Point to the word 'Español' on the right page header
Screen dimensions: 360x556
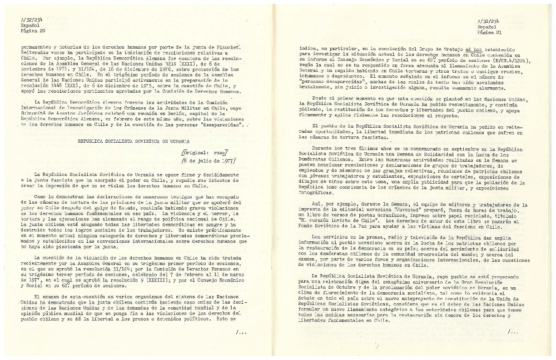pyautogui.click(x=486, y=27)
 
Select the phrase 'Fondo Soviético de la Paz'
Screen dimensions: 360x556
pyautogui.click(x=334, y=226)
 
